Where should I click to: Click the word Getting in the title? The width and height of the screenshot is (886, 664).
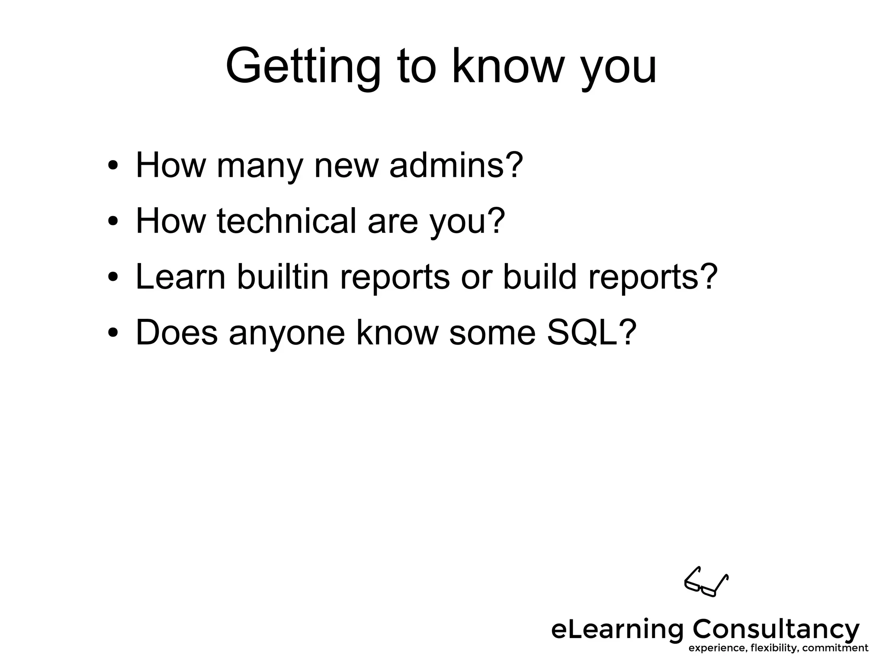coord(302,67)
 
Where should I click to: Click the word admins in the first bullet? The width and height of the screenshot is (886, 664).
coord(456,165)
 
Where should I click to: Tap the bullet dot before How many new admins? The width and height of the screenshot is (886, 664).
coord(113,167)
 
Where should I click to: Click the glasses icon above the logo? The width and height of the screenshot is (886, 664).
coord(706,582)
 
